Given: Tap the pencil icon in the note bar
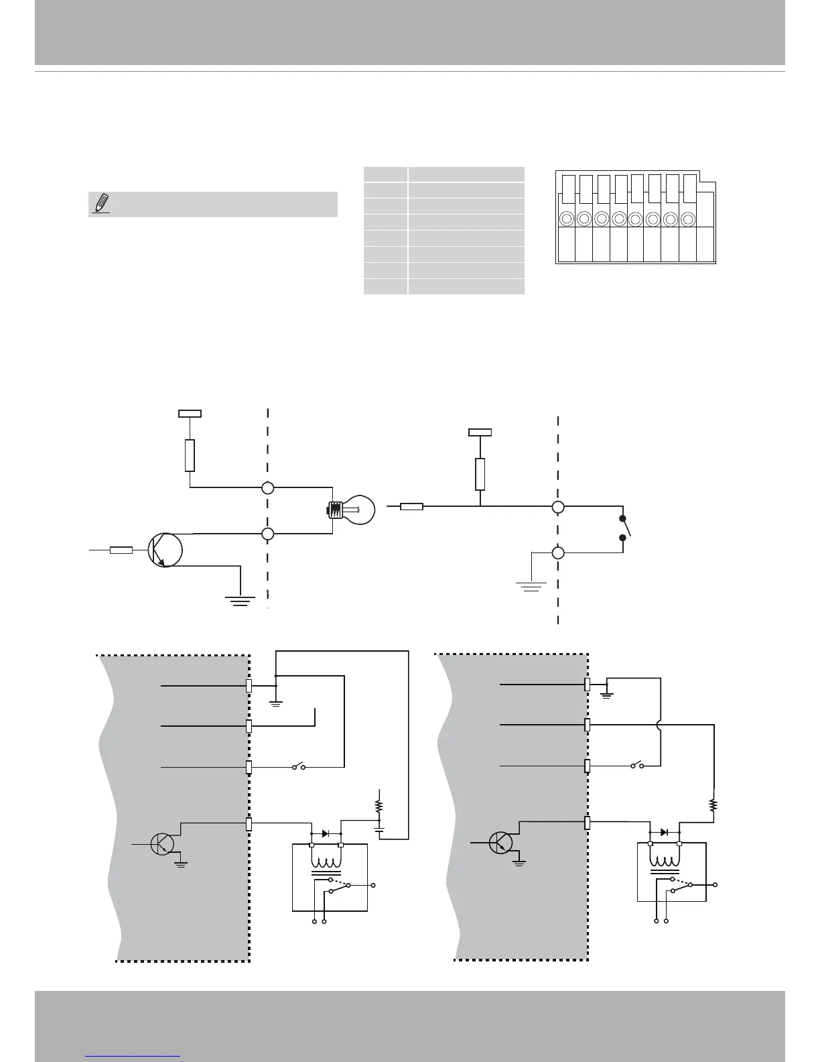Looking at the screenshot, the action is [100, 203].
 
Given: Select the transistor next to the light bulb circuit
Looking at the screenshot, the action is [165, 550].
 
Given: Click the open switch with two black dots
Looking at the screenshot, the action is [624, 528].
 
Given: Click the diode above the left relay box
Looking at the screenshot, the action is [326, 833].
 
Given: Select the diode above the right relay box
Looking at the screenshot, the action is [664, 832].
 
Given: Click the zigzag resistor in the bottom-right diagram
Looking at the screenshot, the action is [713, 805].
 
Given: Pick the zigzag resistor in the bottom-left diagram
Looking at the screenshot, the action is [379, 805].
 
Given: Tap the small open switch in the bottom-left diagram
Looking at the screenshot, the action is [299, 766].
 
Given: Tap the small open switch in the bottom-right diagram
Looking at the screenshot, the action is [637, 765].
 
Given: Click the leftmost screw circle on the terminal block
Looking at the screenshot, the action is [567, 219].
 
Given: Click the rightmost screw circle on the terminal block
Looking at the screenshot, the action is [687, 219].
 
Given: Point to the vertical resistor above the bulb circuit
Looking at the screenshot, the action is [190, 455].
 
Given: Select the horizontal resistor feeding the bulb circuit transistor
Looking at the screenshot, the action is [121, 550].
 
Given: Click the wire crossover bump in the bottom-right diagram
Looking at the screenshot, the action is [661, 725].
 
